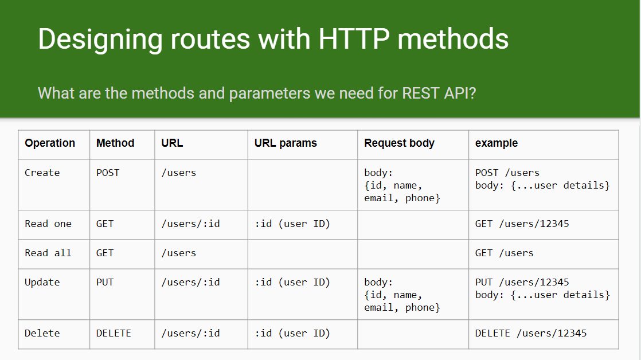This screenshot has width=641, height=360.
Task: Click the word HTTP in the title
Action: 354,39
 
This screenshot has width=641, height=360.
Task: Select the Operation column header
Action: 50,143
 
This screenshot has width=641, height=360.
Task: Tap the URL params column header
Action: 286,143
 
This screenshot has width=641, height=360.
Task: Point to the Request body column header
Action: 399,143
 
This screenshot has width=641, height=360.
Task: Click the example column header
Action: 497,143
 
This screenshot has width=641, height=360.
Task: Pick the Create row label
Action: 42,173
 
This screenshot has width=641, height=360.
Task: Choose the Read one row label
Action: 48,224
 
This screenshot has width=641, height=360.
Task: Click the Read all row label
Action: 48,253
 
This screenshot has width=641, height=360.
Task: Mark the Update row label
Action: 42,283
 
